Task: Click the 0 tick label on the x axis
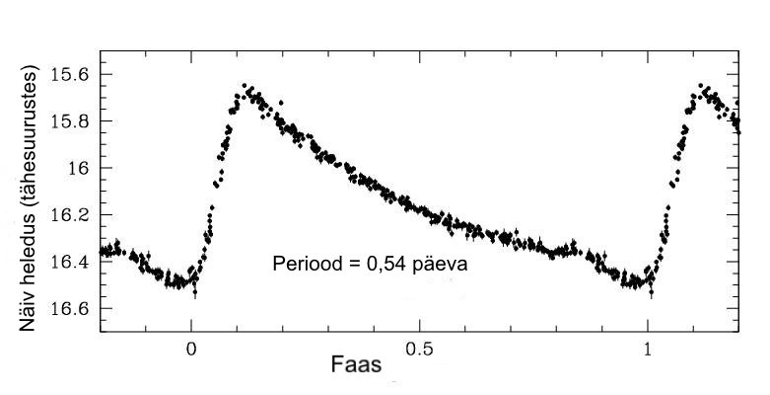coord(192,351)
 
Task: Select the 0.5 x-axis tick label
coord(419,351)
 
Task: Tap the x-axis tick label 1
coord(648,351)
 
